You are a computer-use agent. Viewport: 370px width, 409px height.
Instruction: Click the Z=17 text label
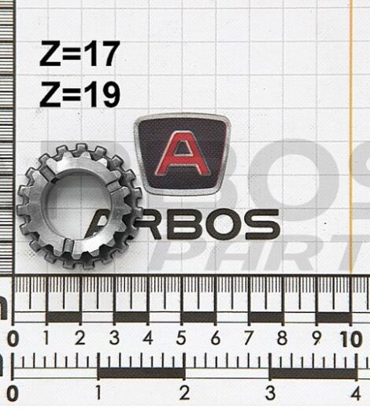click(80, 53)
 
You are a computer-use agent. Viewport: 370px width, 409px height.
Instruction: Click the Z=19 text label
click(80, 94)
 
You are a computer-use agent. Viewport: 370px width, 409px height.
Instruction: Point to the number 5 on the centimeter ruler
click(181, 338)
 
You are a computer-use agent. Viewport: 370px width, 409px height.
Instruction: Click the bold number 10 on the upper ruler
click(351, 339)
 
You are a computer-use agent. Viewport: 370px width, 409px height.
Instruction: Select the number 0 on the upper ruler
click(13, 339)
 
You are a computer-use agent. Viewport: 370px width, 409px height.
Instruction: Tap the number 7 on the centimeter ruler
click(249, 338)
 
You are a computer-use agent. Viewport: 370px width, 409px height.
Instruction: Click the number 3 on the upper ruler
click(114, 338)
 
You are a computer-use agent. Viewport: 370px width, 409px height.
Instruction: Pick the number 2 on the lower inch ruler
click(184, 392)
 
